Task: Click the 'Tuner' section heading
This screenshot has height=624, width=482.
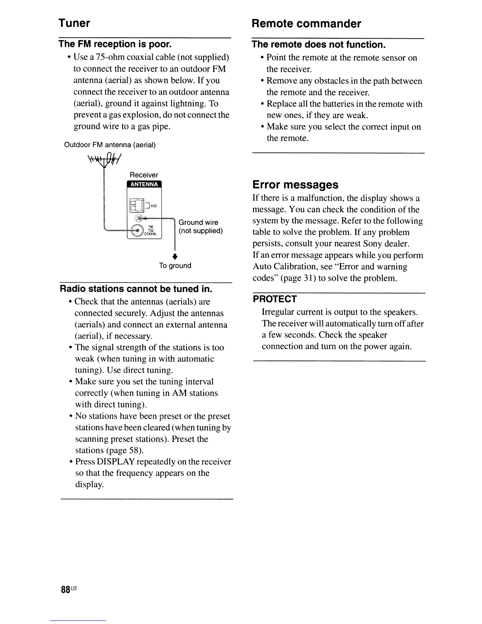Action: (74, 23)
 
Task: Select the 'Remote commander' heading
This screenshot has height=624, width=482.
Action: (306, 24)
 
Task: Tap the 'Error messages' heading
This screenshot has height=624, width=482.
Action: (295, 185)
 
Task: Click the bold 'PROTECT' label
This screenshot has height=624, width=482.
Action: (274, 299)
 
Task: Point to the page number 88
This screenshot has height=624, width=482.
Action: (65, 590)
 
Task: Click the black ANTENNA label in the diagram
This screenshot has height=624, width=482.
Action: (144, 184)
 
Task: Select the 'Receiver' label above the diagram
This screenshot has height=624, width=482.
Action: (144, 175)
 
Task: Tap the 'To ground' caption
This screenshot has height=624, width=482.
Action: (175, 266)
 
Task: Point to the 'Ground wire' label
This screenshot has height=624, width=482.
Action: (198, 223)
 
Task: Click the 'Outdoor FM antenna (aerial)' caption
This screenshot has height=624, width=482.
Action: (110, 145)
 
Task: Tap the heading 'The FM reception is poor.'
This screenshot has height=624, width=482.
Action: (115, 43)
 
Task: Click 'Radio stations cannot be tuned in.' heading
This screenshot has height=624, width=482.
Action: (136, 289)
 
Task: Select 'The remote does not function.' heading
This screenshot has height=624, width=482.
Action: (318, 45)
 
